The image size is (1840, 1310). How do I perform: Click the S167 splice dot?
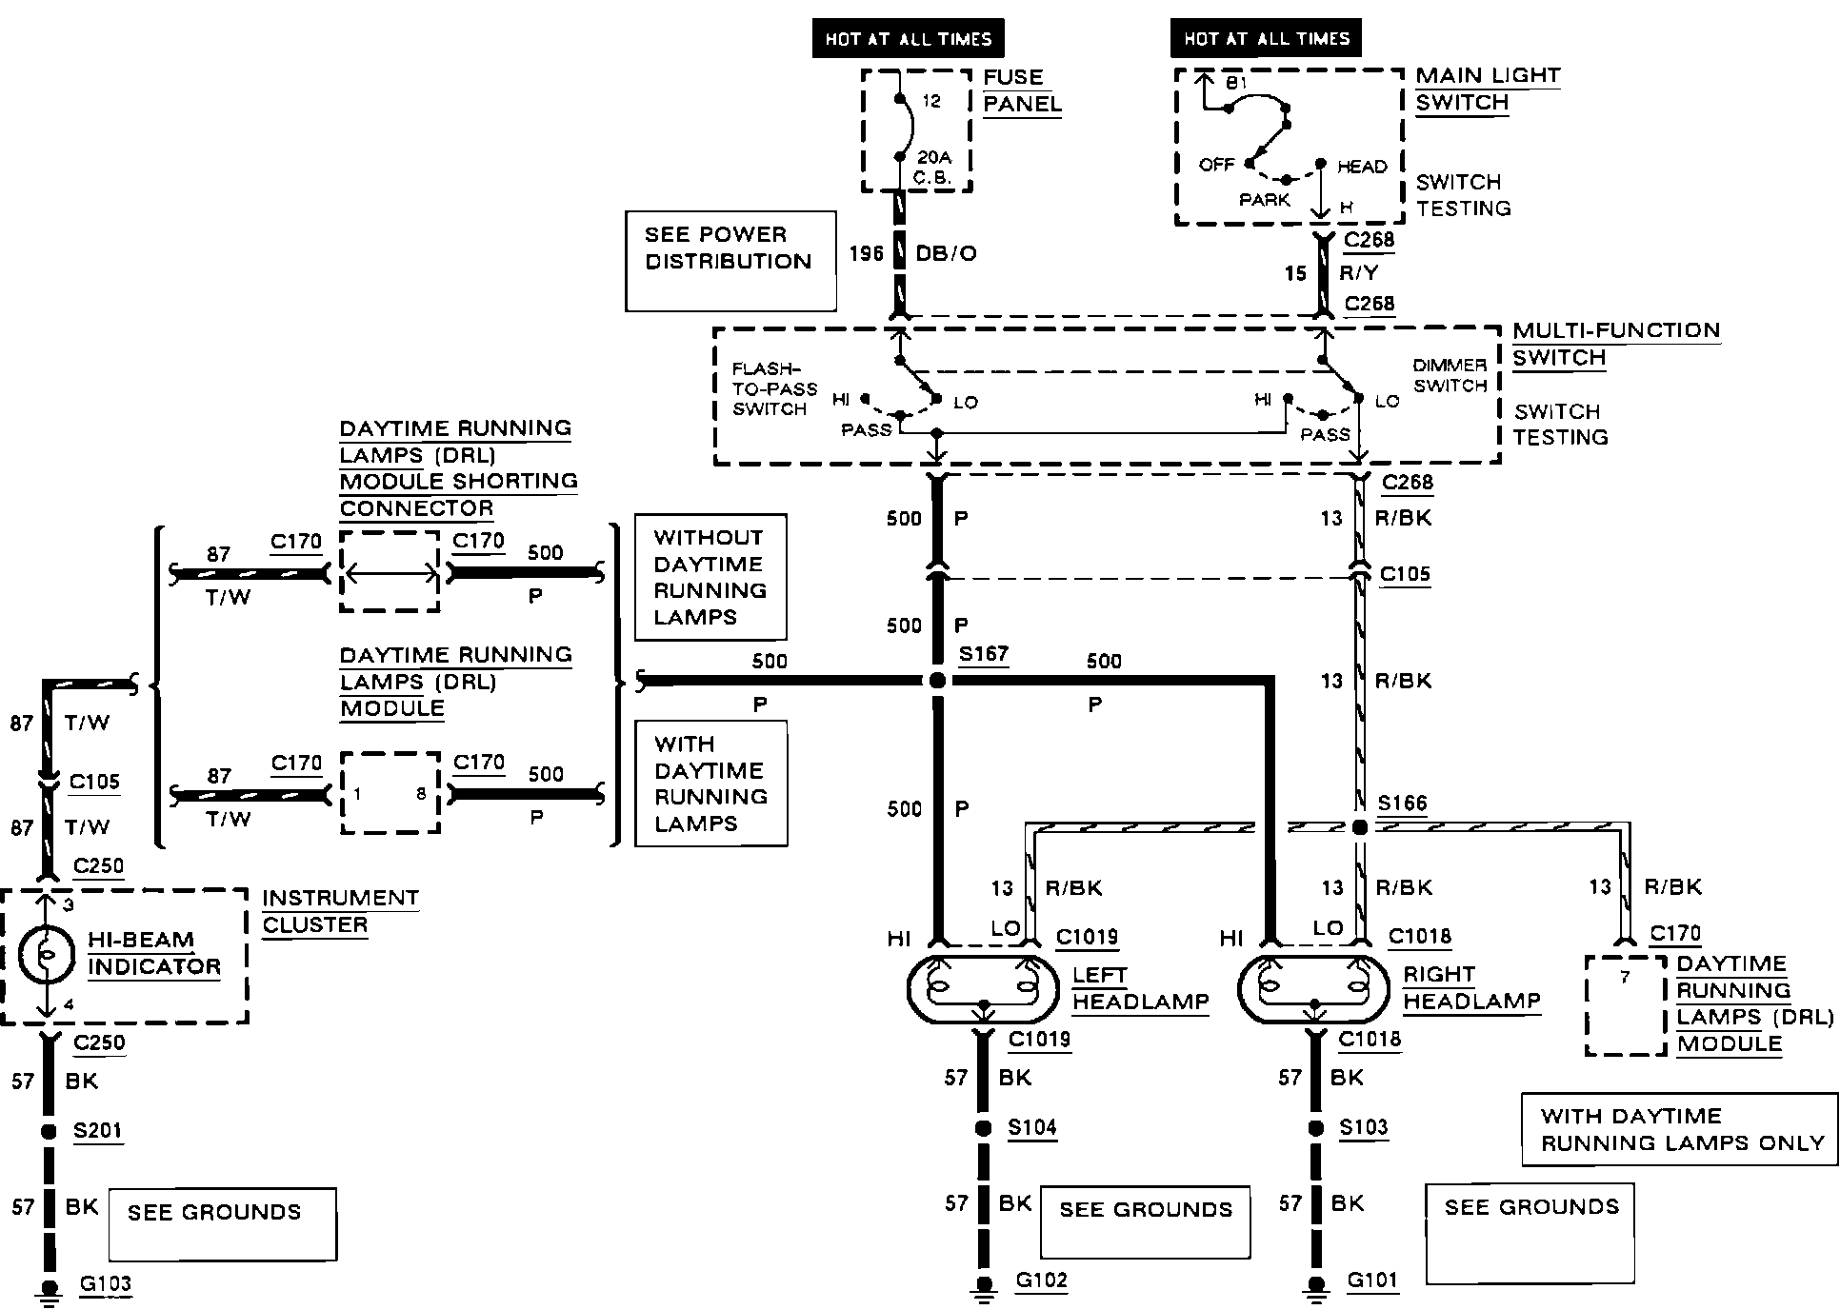tap(937, 680)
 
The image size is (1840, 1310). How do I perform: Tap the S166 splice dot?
tap(1360, 826)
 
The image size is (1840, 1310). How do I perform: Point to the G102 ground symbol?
tap(983, 1288)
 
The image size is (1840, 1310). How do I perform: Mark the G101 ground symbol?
tap(1316, 1288)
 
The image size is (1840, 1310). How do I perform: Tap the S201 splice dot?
tap(46, 1133)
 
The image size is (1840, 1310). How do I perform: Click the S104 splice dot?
tap(983, 1128)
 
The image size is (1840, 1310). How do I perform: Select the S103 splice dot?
tap(1316, 1128)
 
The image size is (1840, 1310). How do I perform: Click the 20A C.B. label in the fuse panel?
tap(933, 167)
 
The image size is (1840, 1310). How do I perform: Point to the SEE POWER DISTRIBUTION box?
tap(730, 261)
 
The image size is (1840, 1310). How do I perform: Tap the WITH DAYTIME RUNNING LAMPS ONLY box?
tap(1680, 1129)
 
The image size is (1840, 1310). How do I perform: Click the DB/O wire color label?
tap(946, 254)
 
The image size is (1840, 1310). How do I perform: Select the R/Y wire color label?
tap(1358, 273)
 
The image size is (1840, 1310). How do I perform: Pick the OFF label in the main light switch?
tap(1216, 165)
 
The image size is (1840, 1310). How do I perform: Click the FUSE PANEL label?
tap(1022, 90)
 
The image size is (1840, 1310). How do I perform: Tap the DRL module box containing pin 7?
tap(1626, 1005)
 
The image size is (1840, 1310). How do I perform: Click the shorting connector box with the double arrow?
tap(390, 573)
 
